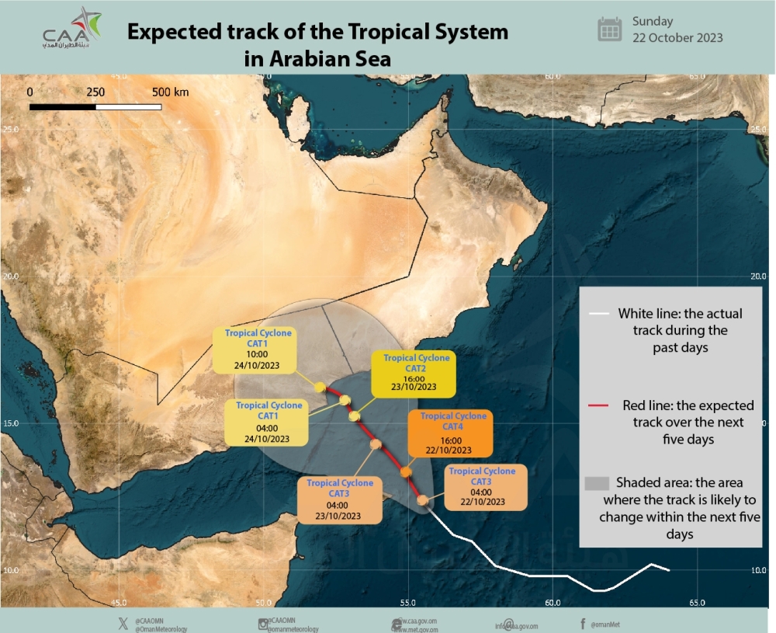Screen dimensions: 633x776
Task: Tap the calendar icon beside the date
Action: [x=610, y=30]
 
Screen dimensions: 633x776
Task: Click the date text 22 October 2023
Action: [x=677, y=38]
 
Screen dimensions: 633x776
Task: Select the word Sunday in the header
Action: [x=653, y=21]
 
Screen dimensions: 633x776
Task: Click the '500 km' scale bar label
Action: [x=170, y=92]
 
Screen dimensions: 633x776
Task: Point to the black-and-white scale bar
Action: [x=95, y=106]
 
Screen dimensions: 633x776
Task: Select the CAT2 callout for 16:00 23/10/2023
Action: [x=416, y=372]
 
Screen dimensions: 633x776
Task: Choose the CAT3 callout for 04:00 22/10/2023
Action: [x=482, y=486]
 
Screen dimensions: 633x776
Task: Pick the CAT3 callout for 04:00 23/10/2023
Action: [x=339, y=499]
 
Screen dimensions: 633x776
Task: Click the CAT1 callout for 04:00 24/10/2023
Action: [x=268, y=422]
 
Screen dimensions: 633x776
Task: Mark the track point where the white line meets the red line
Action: [x=423, y=500]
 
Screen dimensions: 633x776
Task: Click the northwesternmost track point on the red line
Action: [x=320, y=387]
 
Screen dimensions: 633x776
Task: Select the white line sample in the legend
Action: [x=598, y=315]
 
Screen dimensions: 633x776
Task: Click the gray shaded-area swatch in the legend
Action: [x=594, y=482]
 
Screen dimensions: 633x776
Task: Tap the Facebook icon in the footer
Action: [x=582, y=623]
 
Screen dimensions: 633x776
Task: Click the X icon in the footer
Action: [x=123, y=623]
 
